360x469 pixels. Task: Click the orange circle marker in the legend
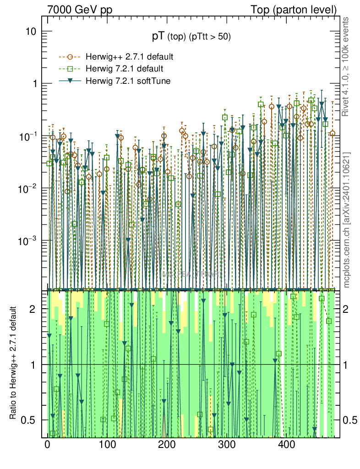pos(70,57)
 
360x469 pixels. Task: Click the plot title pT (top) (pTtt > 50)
pos(191,37)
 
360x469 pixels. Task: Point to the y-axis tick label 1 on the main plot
pos(34,84)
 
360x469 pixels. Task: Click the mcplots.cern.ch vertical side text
pos(346,220)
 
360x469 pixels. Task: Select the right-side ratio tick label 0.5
pos(350,420)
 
